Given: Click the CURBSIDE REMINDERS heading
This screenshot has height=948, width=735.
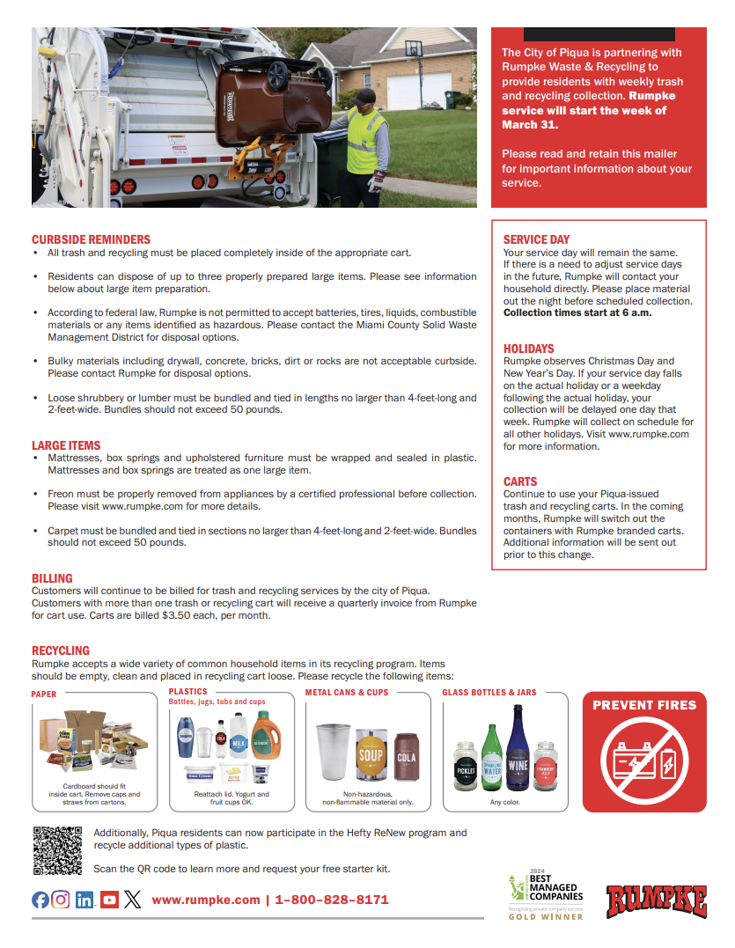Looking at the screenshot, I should coord(91,239).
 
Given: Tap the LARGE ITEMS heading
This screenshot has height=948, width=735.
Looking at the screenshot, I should coord(66,445).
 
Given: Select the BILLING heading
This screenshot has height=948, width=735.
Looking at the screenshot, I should coord(52,578).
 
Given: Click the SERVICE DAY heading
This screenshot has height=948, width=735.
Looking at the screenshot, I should coord(536,239).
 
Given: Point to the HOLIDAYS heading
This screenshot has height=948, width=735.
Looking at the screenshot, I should coord(529,349).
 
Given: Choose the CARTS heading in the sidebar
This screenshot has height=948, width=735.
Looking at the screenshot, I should coord(520,481).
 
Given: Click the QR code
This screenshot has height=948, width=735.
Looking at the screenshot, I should coord(57,850).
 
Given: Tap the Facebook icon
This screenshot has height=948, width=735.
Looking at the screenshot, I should coord(40,900).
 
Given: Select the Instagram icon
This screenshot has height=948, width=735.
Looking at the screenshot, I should coord(61,900).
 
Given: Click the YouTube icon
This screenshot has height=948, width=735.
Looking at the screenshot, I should coord(109,900).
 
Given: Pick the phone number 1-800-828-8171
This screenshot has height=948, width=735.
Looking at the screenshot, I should coord(332,900).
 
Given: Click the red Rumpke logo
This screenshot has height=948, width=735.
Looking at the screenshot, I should coord(656,900).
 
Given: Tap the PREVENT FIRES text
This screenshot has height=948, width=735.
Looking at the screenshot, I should coord(644,705).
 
